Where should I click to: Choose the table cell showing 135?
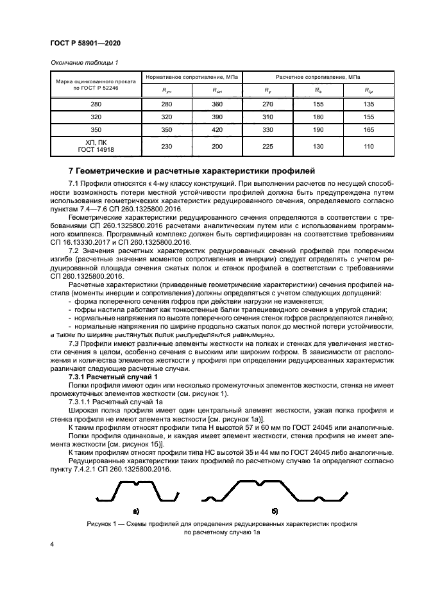coord(369,104)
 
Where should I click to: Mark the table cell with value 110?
coord(369,147)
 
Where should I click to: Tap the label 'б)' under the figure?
coord(275,511)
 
